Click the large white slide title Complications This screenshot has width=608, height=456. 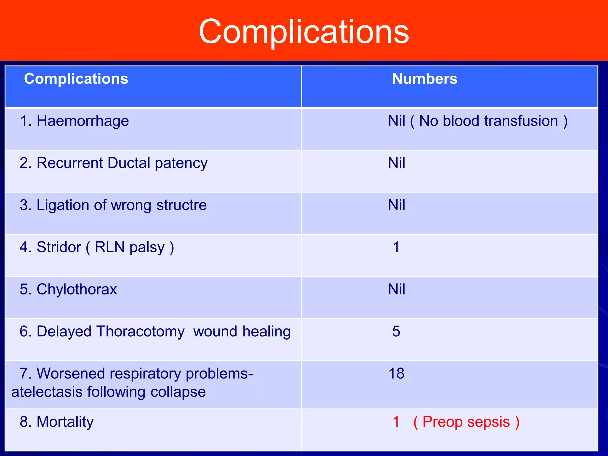304,31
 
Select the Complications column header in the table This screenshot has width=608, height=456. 76,79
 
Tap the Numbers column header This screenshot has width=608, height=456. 425,79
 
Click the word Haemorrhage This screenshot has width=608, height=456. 83,121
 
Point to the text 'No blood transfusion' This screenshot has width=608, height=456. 488,121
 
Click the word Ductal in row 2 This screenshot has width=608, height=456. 129,163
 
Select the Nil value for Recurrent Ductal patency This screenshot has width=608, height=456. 396,163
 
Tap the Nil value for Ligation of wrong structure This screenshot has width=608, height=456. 396,205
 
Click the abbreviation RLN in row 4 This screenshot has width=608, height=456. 110,247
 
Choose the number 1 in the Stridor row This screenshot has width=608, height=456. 396,247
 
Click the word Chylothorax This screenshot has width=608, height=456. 77,289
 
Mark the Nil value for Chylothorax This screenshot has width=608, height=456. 396,289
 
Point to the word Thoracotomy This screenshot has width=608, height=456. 140,332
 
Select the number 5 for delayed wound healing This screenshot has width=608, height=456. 396,331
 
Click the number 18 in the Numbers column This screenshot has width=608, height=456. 396,373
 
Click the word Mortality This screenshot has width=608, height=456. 65,422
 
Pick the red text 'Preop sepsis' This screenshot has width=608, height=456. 466,422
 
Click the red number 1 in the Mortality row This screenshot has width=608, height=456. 396,422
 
